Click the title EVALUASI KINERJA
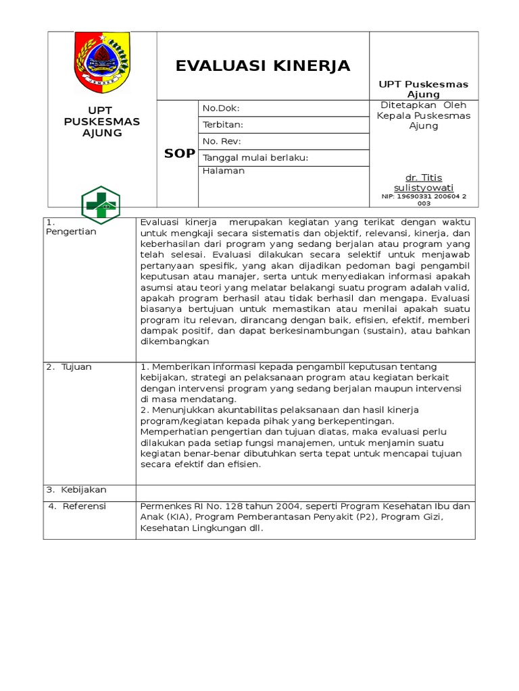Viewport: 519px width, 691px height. tap(263, 66)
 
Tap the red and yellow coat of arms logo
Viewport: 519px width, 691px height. tap(102, 62)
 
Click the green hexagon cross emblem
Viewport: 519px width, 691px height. tap(101, 204)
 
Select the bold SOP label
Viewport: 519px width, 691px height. tap(179, 154)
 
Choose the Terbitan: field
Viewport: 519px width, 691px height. tap(223, 125)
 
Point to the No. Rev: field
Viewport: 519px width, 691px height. tap(222, 141)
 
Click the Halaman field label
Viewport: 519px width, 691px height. tap(224, 171)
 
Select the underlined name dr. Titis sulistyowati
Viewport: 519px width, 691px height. tap(424, 182)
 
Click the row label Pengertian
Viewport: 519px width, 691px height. tap(71, 231)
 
